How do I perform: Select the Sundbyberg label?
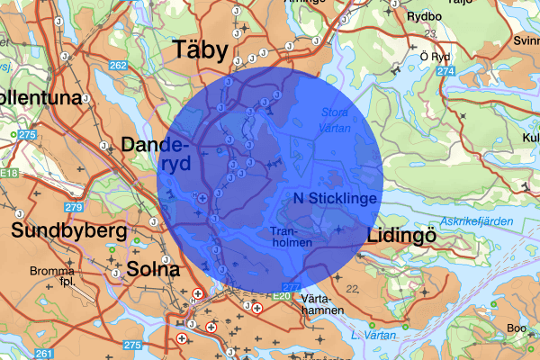(67, 231)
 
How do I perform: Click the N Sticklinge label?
(335, 197)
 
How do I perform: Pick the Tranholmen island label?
(291, 237)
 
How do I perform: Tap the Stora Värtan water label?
(337, 120)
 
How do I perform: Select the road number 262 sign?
(119, 66)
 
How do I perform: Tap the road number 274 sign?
(444, 69)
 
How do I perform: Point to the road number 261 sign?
(44, 352)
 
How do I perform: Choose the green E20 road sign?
(283, 294)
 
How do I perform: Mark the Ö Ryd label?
(433, 57)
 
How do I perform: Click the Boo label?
(517, 328)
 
